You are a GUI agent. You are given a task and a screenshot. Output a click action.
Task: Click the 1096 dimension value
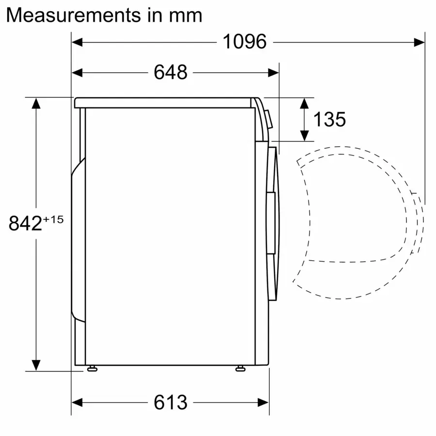pos(244,42)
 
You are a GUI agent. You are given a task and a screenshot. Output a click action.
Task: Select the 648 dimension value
pos(171,73)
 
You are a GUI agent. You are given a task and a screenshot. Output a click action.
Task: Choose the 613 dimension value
pos(171,403)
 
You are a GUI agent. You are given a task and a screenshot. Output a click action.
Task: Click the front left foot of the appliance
pos(92,369)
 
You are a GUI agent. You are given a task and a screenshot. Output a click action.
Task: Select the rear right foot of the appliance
pos(240,369)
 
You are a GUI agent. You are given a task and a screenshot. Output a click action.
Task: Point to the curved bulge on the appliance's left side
pos(76,242)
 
